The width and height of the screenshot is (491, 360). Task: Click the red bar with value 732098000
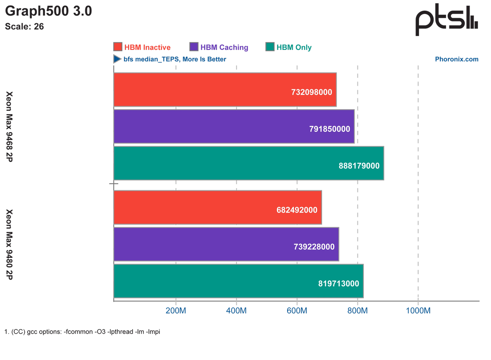[x=225, y=90]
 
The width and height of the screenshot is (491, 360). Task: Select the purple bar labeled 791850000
[x=234, y=126]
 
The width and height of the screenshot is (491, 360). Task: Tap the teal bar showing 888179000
[x=248, y=163]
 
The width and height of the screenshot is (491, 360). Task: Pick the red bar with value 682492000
[x=217, y=208]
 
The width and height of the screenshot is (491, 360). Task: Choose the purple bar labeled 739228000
[x=226, y=244]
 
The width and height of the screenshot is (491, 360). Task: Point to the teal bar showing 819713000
[x=238, y=281]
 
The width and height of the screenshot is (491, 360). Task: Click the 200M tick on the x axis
[x=176, y=311]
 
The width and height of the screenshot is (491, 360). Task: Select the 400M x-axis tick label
[x=236, y=311]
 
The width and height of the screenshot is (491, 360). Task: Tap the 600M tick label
[x=297, y=311]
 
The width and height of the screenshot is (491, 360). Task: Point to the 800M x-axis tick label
[x=357, y=311]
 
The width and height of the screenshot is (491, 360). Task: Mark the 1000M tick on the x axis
[x=418, y=311]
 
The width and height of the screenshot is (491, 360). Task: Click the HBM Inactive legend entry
[x=142, y=47]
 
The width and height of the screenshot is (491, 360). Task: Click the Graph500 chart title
[x=49, y=12]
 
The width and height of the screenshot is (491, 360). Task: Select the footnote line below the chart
[x=82, y=332]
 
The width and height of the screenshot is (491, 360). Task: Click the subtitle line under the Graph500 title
[x=24, y=26]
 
